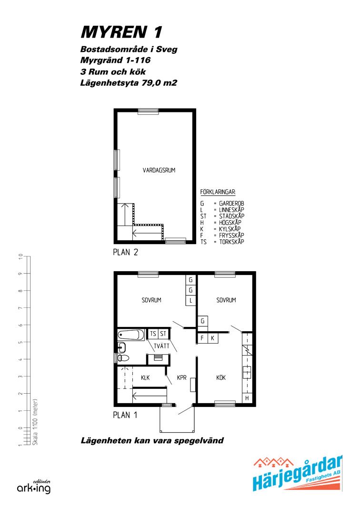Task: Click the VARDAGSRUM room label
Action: coord(159,170)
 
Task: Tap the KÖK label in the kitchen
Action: coord(221,377)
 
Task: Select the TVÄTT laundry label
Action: coord(161,346)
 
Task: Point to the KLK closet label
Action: coord(145,377)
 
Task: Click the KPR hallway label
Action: coord(181,377)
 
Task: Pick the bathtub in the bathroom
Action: coord(130,335)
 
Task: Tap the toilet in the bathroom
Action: coord(123,358)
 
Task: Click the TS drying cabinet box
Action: coord(153,334)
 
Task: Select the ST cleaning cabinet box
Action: coord(163,334)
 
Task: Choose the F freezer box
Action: coord(202,338)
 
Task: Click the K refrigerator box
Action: coord(213,338)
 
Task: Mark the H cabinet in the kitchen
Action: coord(247,398)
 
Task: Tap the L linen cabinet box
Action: coord(190,301)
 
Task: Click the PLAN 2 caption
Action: coord(126,252)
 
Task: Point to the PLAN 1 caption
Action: coord(125,415)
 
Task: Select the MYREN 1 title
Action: coord(121,32)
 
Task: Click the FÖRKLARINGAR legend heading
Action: coord(218,192)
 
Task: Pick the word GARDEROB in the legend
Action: coord(231,204)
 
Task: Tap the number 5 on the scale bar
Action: coord(20,342)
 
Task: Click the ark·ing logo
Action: coord(34,487)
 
